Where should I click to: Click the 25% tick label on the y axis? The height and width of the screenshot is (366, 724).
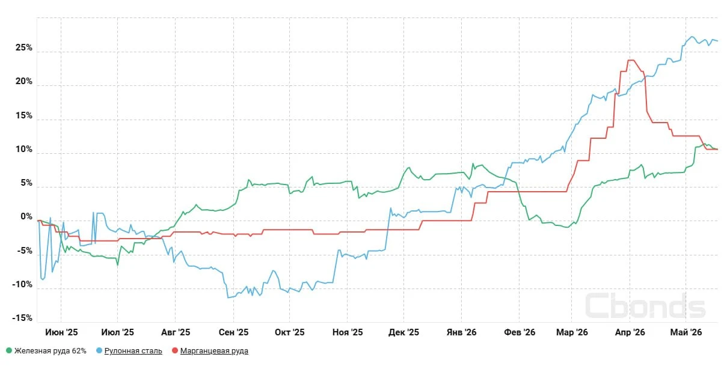click(24, 47)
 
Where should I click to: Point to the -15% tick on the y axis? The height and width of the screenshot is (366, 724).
click(22, 318)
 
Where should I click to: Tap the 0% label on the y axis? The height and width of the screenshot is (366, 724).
click(26, 216)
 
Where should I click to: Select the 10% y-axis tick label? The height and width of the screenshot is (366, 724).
click(24, 149)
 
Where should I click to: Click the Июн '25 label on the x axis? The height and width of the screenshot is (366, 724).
click(61, 332)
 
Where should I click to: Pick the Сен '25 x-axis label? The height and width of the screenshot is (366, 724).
click(233, 332)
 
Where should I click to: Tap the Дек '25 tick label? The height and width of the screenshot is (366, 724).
click(403, 332)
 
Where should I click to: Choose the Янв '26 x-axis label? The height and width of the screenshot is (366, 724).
click(461, 332)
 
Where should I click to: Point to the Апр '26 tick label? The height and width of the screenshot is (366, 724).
click(630, 332)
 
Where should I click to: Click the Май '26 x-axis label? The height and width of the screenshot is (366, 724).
click(686, 332)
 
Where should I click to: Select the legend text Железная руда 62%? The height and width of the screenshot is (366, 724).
click(51, 351)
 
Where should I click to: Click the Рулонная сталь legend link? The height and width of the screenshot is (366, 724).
click(133, 351)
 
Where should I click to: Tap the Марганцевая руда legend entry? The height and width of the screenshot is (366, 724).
click(214, 351)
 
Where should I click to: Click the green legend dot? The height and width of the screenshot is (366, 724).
click(9, 350)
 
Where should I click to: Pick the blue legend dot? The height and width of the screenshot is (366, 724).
click(99, 350)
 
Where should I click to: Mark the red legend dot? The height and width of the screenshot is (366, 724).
click(175, 350)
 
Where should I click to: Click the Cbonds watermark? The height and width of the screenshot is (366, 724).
click(645, 305)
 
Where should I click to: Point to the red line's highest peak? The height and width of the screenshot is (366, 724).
click(631, 60)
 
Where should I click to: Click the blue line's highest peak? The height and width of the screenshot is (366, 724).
click(692, 37)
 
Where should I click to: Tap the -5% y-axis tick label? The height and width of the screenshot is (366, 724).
click(24, 251)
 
